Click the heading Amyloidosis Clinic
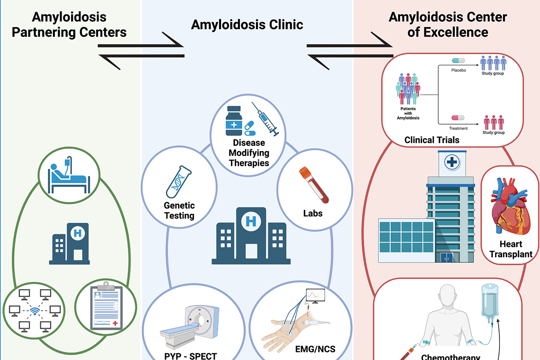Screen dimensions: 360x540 [247, 25]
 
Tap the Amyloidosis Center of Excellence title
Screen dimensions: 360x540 [447, 25]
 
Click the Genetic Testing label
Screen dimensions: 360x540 [179, 210]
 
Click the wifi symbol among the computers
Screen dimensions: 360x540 [34, 311]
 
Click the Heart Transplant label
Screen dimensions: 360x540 [511, 249]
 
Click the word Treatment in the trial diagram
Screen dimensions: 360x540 [459, 128]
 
